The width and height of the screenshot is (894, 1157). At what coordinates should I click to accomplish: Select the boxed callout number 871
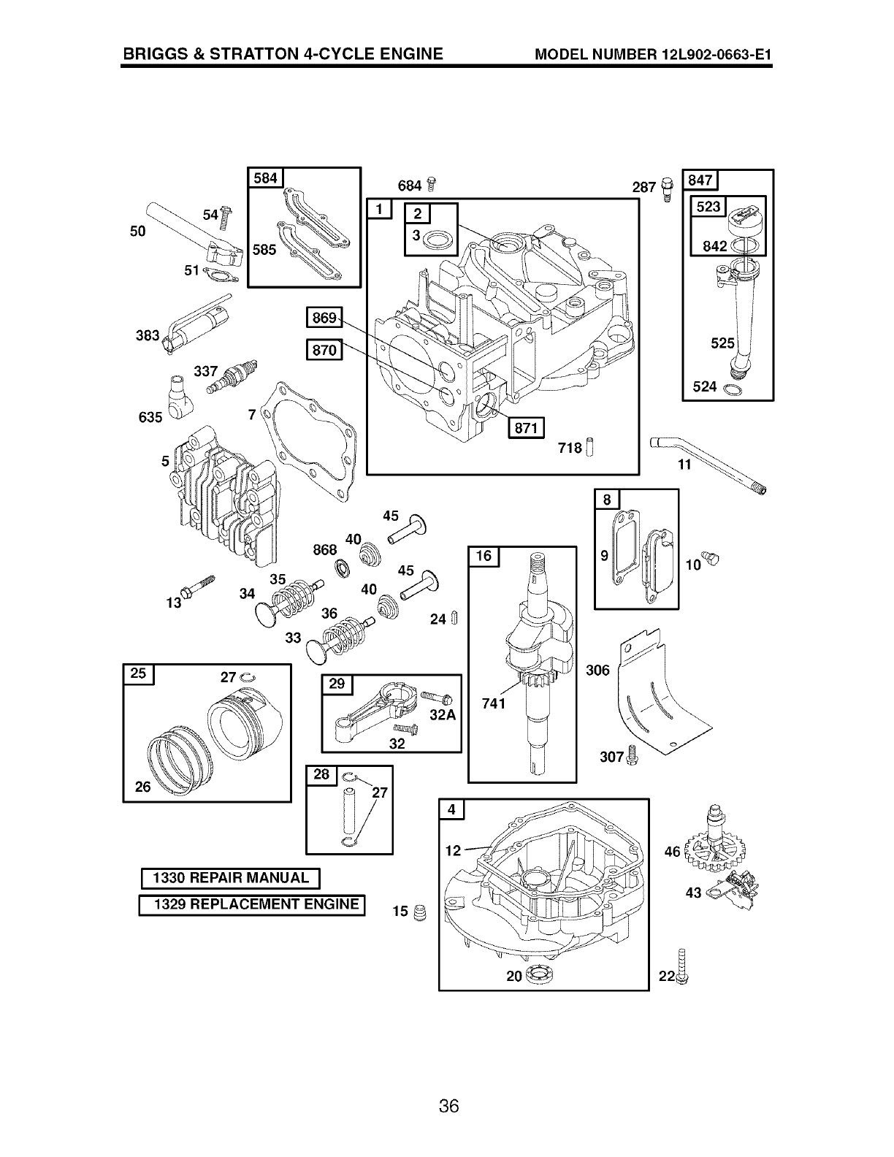(x=526, y=429)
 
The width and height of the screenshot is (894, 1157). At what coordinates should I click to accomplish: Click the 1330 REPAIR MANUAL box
(x=230, y=878)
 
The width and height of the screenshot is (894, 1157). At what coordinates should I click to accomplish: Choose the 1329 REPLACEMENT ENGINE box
(x=252, y=904)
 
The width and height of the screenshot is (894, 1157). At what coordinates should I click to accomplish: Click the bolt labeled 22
(x=683, y=965)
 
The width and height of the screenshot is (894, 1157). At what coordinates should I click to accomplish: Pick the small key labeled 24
(x=454, y=618)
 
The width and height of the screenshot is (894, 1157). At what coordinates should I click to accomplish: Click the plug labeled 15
(x=419, y=912)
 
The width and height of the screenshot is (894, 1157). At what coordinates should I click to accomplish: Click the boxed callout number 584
(x=265, y=178)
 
